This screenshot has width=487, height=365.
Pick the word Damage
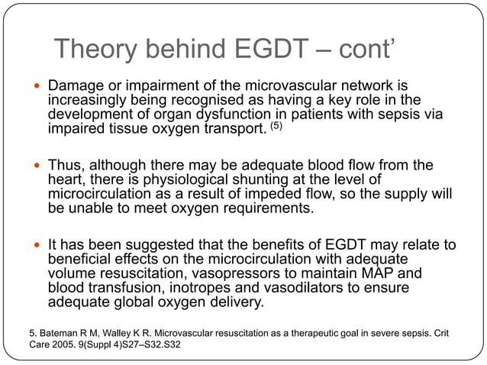pyautogui.click(x=76, y=82)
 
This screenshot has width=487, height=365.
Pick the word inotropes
pyautogui.click(x=198, y=286)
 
